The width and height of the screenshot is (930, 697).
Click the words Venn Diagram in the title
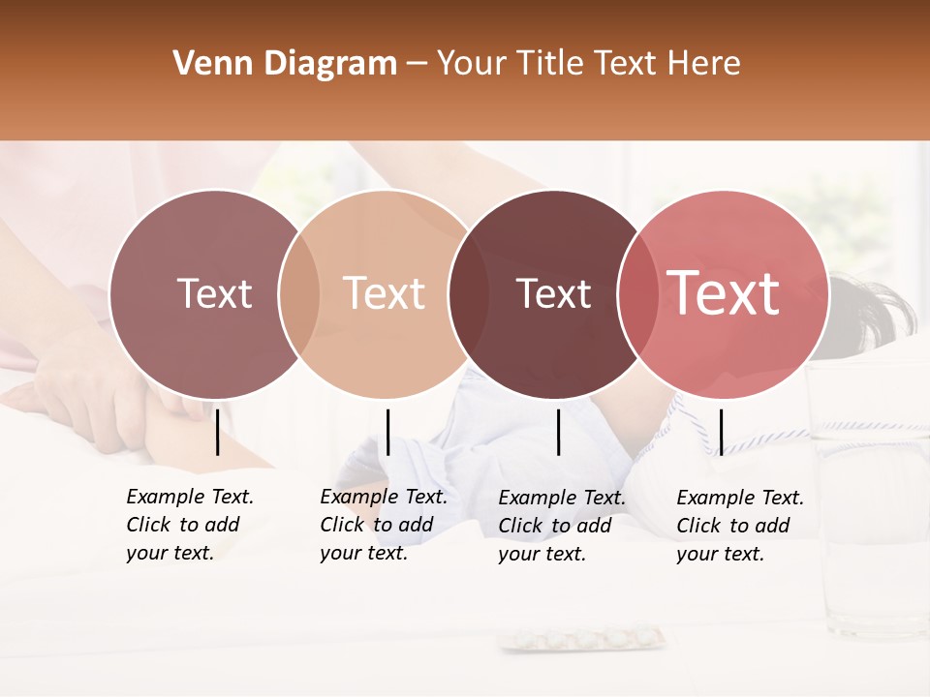pos(285,64)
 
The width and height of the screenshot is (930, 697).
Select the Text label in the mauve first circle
pos(214,293)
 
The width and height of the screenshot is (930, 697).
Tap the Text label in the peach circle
pos(385,293)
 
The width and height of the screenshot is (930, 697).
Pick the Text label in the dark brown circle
pos(554,293)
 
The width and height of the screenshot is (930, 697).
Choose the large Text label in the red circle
pos(724,293)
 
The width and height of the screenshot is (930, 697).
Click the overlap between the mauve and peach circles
pos(298,294)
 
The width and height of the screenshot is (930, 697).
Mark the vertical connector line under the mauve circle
pos(217,432)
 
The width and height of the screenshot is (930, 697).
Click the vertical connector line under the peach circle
pos(387,432)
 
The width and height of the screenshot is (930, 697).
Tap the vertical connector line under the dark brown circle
pos(558,432)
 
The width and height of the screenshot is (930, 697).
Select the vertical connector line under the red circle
pos(721,432)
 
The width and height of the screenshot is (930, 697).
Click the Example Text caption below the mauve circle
pos(190,525)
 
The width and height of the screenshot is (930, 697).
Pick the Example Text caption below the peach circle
pos(384,525)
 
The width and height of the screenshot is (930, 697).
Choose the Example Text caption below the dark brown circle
pos(562,526)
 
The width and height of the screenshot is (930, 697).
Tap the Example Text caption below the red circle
pos(740,526)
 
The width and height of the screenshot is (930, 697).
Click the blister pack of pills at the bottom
pos(583,639)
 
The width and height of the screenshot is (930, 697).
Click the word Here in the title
pos(705,64)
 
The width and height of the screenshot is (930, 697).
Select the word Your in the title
pos(470,64)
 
